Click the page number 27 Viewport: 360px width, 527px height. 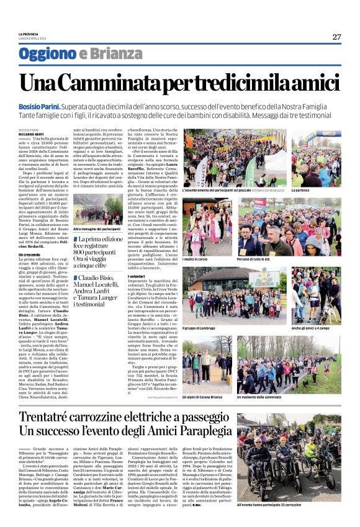pos(336,37)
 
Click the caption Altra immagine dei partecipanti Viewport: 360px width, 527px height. pos(96,229)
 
